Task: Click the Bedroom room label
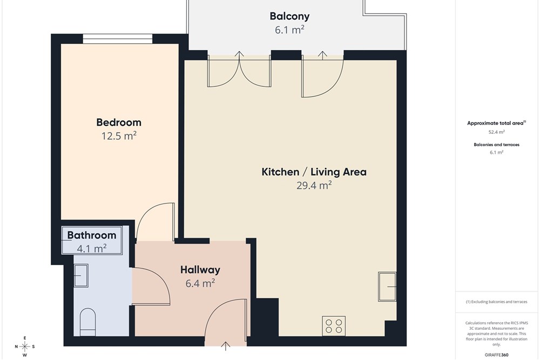pos(118,123)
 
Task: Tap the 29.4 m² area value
pos(314,186)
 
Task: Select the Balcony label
pos(289,17)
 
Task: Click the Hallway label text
pos(200,270)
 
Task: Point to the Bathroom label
pos(92,235)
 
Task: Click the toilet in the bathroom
pos(87,322)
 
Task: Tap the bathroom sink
pos(81,275)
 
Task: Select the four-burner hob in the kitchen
pos(334,326)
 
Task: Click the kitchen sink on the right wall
pos(387,287)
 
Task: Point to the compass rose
pos(24,347)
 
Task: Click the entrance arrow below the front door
pos(226,346)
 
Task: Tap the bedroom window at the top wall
pos(117,38)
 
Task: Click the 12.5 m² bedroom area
pos(119,136)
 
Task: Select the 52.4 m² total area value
pos(497,132)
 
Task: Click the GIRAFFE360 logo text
pos(497,355)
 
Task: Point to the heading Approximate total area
pos(495,123)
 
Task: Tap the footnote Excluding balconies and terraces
pos(497,302)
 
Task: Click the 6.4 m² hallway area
pos(200,283)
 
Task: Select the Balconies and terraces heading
pos(497,145)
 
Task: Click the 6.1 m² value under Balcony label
pos(289,30)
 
